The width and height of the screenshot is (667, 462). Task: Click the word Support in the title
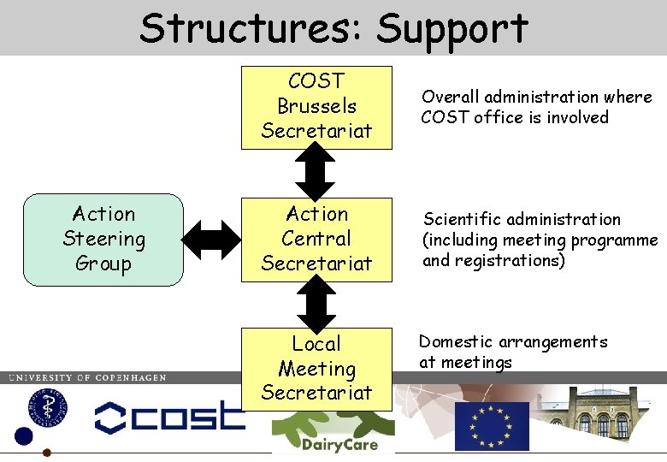(x=452, y=29)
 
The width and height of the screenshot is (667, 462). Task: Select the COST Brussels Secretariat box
(x=316, y=107)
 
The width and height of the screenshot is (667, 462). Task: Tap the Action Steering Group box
(x=103, y=240)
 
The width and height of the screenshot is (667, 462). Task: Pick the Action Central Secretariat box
(x=316, y=240)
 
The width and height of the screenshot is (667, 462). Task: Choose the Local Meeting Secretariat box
(x=316, y=369)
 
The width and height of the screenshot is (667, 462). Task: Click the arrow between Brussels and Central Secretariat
(x=316, y=175)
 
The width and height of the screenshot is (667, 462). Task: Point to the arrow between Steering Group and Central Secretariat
(x=214, y=240)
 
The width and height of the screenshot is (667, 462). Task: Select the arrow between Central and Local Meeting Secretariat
(x=316, y=305)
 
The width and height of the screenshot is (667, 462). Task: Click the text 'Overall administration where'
(x=536, y=98)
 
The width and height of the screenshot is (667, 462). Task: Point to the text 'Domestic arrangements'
(x=513, y=342)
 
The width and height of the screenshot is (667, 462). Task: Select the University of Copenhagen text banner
(x=86, y=377)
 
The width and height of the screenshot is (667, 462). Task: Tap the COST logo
(x=169, y=417)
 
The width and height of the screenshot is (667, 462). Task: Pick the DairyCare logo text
(x=324, y=446)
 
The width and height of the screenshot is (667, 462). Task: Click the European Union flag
(x=491, y=425)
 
